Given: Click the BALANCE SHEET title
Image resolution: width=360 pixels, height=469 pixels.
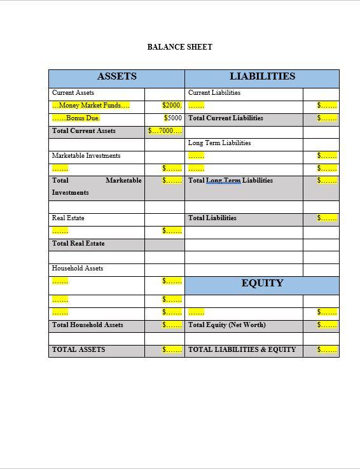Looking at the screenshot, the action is coord(180,47).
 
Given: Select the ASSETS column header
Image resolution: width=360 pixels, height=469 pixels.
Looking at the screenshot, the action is coord(116,76).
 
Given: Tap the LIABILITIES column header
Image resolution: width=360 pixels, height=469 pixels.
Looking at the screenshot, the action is coord(262,76).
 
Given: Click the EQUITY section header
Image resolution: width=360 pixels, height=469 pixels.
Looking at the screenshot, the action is coord(262,283).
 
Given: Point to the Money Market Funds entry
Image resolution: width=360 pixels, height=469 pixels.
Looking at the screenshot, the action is coord(90,106).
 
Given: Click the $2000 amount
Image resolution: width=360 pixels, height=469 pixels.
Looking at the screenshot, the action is coord(172,106).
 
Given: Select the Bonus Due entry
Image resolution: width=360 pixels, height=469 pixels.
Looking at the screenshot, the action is coord(76,118).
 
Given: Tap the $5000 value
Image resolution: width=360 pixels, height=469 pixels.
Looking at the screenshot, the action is coord(173,118).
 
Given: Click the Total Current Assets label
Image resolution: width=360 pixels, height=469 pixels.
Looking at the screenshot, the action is coord(84,131).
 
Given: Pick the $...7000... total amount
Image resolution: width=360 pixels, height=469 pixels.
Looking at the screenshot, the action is coord(165,131).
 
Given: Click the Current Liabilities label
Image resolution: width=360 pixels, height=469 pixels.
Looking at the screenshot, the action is coord(214,93).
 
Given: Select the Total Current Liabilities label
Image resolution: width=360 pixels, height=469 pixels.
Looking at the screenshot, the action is coord(226,118).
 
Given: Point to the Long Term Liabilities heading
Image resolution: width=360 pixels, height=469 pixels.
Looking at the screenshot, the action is coord(219,143).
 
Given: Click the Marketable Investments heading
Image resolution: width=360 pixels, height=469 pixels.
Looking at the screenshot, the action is coord(86,156).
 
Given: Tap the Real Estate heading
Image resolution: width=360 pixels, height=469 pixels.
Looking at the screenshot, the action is coord(68,218).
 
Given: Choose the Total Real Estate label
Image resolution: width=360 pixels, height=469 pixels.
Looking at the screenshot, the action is coord(78,244).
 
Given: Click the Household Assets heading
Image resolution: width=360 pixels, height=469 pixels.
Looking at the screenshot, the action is coord(78,269).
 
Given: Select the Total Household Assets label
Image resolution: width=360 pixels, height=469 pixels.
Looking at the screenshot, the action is coord(88,325).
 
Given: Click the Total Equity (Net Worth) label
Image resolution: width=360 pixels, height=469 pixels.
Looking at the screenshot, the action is coord(227,325).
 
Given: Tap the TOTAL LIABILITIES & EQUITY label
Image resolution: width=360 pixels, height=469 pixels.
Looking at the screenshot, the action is coord(242,350).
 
